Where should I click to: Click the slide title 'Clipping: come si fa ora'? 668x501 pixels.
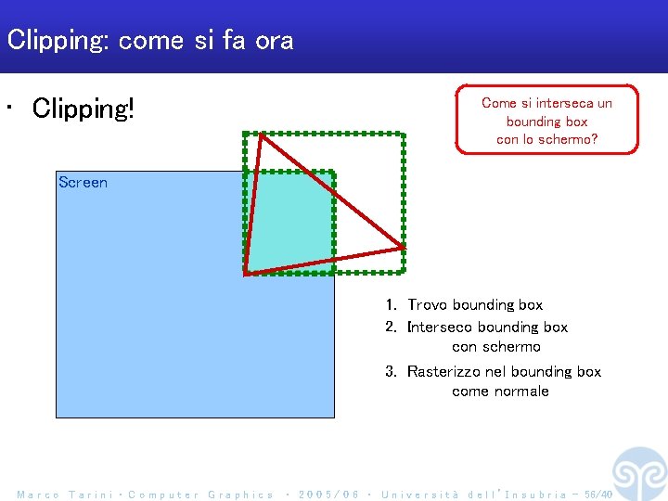pyautogui.click(x=149, y=40)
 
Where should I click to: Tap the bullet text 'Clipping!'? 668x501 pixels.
pyautogui.click(x=83, y=109)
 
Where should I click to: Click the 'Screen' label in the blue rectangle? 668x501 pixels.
pyautogui.click(x=83, y=183)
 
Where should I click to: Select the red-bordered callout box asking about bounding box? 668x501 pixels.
pyautogui.click(x=546, y=120)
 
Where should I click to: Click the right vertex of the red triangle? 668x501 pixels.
pyautogui.click(x=403, y=248)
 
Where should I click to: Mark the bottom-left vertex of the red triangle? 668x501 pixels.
pyautogui.click(x=246, y=274)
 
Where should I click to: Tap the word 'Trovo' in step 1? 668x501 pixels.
pyautogui.click(x=428, y=305)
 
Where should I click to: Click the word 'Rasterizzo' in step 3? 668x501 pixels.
pyautogui.click(x=444, y=372)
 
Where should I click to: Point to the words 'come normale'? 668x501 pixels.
pyautogui.click(x=500, y=392)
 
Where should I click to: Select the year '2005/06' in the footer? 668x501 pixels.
pyautogui.click(x=328, y=495)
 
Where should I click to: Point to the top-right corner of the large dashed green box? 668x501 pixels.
pyautogui.click(x=404, y=135)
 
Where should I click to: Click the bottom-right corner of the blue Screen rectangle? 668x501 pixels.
pyautogui.click(x=333, y=417)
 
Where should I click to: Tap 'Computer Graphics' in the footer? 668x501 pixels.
pyautogui.click(x=200, y=495)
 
